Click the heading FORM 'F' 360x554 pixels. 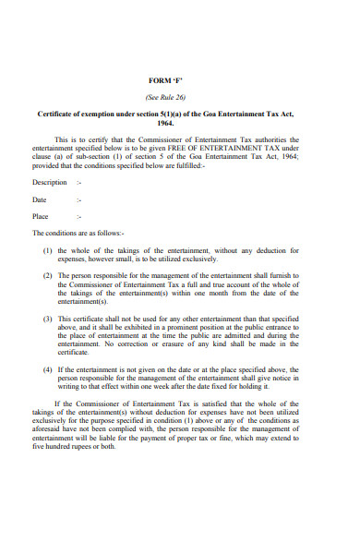pos(165,80)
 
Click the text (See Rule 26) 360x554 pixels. pos(165,96)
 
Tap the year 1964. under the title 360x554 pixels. pos(165,122)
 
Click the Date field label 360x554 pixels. pos(39,199)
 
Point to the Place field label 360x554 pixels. pos(40,216)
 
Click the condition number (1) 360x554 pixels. pos(48,250)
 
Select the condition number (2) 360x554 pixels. pos(48,276)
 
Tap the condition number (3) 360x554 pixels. pos(48,319)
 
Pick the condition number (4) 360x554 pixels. pos(48,369)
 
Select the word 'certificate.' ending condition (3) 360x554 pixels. pos(73,352)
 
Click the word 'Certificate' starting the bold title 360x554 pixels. pos(59,114)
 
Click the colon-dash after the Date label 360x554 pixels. pos(80,199)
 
